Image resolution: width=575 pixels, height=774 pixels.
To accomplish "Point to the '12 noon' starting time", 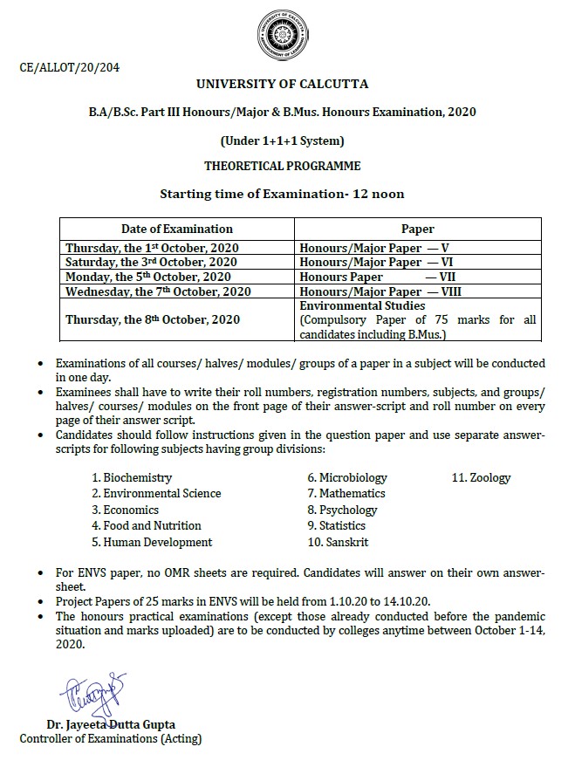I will pyautogui.click(x=378, y=193).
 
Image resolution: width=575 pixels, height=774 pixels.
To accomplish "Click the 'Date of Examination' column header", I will pyautogui.click(x=176, y=229).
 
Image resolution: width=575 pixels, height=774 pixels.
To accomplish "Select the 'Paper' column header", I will pyautogui.click(x=417, y=229).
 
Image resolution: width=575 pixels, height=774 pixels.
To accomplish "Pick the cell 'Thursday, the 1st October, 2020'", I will pyautogui.click(x=151, y=248).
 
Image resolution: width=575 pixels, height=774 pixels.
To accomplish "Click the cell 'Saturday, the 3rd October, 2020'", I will pyautogui.click(x=150, y=262).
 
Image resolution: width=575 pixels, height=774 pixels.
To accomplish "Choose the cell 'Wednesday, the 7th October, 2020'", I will pyautogui.click(x=158, y=291).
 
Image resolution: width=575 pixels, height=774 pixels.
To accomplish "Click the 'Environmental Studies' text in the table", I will pyautogui.click(x=362, y=307).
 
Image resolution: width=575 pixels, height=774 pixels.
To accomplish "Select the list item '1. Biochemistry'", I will pyautogui.click(x=132, y=477).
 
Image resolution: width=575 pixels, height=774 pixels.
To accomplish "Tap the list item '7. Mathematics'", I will pyautogui.click(x=346, y=494).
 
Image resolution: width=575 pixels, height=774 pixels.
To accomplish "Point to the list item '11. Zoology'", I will pyautogui.click(x=481, y=477).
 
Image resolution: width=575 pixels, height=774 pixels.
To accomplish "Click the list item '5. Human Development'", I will pyautogui.click(x=152, y=542).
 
